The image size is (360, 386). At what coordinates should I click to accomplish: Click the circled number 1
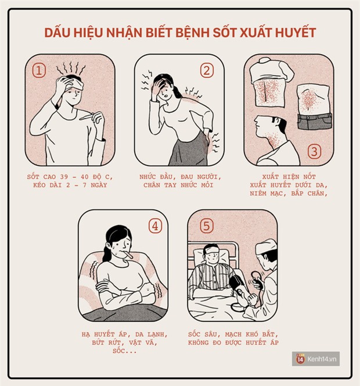(39, 71)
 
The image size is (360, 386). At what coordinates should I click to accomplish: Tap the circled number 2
(207, 71)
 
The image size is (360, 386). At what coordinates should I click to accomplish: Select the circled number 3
(314, 152)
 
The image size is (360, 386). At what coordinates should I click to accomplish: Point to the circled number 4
(154, 226)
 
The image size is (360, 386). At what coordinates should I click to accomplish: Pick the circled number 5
(203, 226)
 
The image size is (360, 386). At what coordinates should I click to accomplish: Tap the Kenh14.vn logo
(317, 359)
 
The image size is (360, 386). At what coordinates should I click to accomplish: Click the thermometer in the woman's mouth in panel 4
(129, 254)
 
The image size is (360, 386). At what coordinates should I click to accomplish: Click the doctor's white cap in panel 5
(266, 246)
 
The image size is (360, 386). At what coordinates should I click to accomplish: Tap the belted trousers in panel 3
(314, 120)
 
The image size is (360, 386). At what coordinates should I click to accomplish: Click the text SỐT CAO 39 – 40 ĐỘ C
(70, 176)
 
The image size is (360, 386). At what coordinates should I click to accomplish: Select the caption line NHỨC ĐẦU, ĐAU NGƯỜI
(180, 176)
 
